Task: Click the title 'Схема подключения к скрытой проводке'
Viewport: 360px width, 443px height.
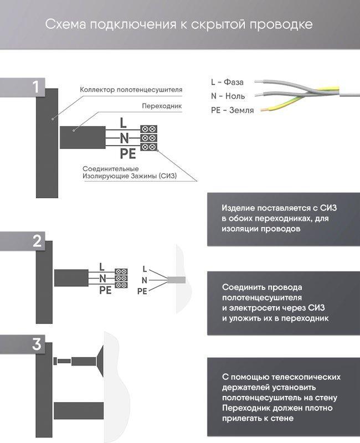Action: pos(179,25)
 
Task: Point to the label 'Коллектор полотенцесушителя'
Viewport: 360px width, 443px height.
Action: pos(131,89)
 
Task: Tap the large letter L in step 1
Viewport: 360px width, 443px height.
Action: pos(124,123)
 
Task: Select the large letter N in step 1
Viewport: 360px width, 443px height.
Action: pos(124,137)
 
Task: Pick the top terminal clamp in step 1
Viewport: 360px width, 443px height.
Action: pos(148,128)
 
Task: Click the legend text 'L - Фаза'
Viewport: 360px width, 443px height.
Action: pos(227,82)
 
